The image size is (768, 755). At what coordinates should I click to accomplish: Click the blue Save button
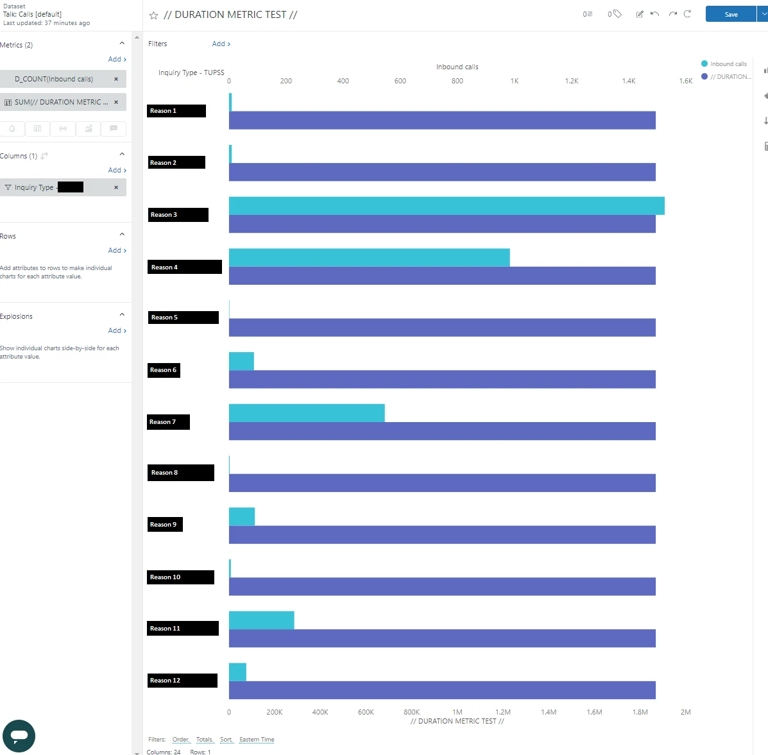click(x=731, y=14)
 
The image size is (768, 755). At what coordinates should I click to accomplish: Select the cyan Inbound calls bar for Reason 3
click(x=446, y=206)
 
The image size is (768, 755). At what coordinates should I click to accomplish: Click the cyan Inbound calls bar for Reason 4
click(x=369, y=257)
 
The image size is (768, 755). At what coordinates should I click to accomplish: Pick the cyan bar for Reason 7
click(x=307, y=413)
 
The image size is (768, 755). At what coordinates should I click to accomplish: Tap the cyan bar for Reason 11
click(x=261, y=620)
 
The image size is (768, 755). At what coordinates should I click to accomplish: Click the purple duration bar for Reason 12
click(x=442, y=690)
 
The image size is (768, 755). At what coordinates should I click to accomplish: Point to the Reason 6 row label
click(x=164, y=370)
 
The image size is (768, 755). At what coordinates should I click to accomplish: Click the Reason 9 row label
click(x=164, y=525)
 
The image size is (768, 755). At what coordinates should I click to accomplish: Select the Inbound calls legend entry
click(x=728, y=64)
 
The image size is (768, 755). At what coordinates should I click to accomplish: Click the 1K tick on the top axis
click(x=515, y=81)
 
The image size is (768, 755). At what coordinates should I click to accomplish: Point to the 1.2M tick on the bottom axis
click(x=503, y=712)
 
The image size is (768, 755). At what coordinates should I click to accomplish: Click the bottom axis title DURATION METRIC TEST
click(x=457, y=721)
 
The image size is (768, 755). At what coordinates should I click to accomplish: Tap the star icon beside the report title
click(x=153, y=15)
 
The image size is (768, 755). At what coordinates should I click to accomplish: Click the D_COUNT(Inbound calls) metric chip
click(x=55, y=79)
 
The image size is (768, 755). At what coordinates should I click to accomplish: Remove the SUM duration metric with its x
click(x=116, y=102)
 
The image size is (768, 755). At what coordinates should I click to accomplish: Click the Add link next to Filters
click(x=221, y=44)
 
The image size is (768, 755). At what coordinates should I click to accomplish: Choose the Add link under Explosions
click(x=117, y=330)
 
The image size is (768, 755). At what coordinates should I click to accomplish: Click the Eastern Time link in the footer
click(x=257, y=740)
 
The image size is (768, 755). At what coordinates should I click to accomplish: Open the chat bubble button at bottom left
click(x=19, y=736)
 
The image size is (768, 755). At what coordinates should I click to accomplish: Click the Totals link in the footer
click(x=204, y=740)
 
